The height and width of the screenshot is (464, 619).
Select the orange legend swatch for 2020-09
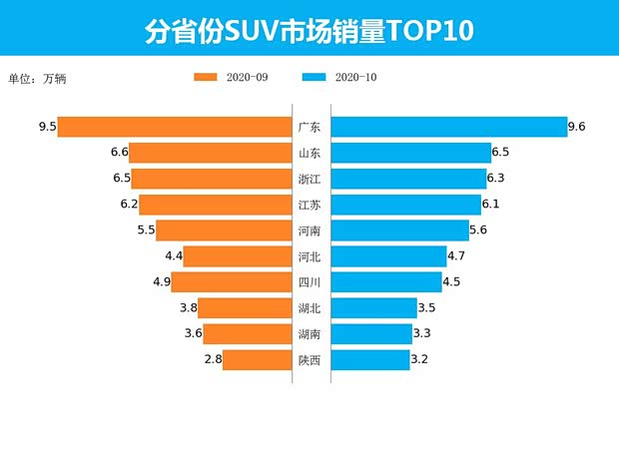[x=206, y=78]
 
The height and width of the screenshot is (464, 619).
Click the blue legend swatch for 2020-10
[x=313, y=78]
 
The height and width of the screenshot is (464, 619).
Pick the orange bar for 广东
[x=174, y=127]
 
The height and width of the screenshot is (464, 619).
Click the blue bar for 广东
[x=447, y=127]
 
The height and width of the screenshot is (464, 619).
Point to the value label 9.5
[x=46, y=127]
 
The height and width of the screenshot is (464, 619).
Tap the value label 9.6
[x=576, y=127]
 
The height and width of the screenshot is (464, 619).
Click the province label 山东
[x=309, y=153]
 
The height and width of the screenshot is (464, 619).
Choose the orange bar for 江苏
[x=215, y=205]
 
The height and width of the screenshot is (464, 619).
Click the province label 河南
[x=309, y=231]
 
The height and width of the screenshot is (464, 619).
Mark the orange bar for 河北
[x=238, y=256]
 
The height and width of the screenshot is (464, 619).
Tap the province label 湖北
[x=309, y=308]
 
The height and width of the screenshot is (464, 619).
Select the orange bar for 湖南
[x=247, y=334]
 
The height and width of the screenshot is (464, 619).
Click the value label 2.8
[x=212, y=360]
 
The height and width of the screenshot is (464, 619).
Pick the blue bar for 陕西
[x=369, y=360]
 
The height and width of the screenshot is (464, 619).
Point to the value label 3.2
[x=420, y=360]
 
